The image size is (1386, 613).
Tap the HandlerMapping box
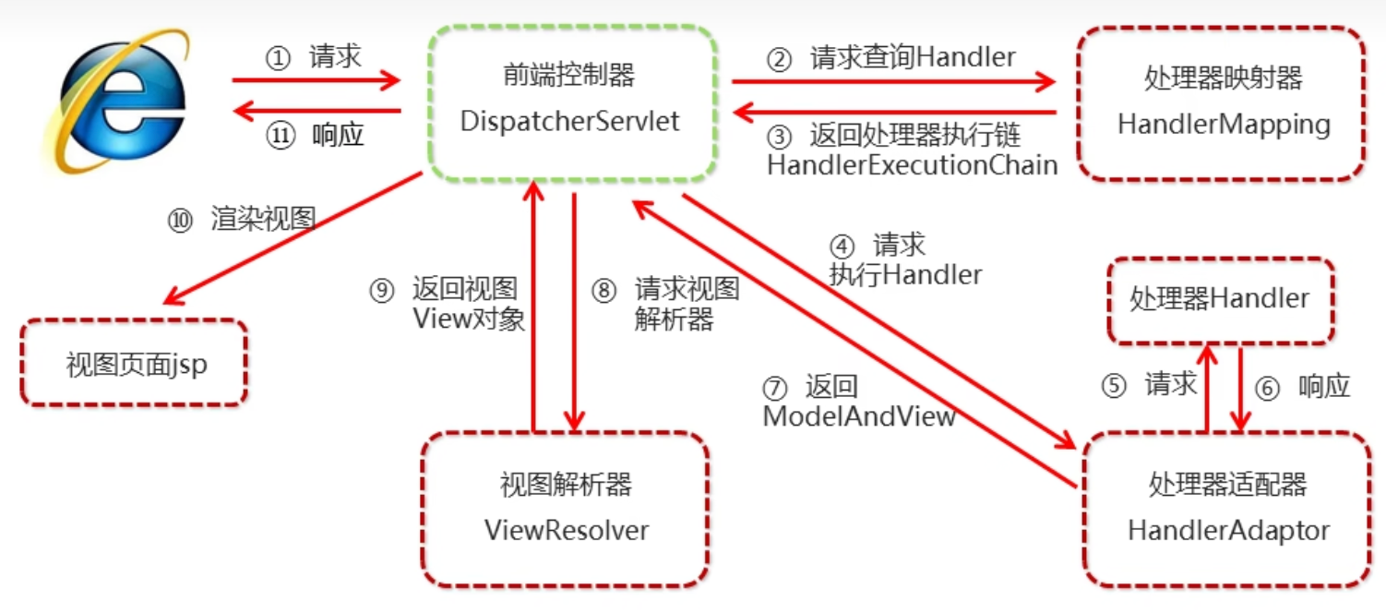click(1223, 102)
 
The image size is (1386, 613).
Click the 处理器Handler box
click(1220, 300)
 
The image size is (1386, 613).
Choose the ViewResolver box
click(565, 508)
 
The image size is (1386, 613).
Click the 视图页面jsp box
click(135, 364)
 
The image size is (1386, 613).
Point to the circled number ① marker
click(278, 58)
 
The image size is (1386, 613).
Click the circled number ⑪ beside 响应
click(279, 136)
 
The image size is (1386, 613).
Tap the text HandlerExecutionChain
click(912, 165)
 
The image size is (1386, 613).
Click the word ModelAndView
click(859, 416)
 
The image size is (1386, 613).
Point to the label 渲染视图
click(263, 220)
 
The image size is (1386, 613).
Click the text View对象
click(469, 319)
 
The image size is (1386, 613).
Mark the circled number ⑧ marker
click(603, 291)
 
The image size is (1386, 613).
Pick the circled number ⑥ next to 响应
click(1268, 389)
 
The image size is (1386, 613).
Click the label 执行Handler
click(905, 274)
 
